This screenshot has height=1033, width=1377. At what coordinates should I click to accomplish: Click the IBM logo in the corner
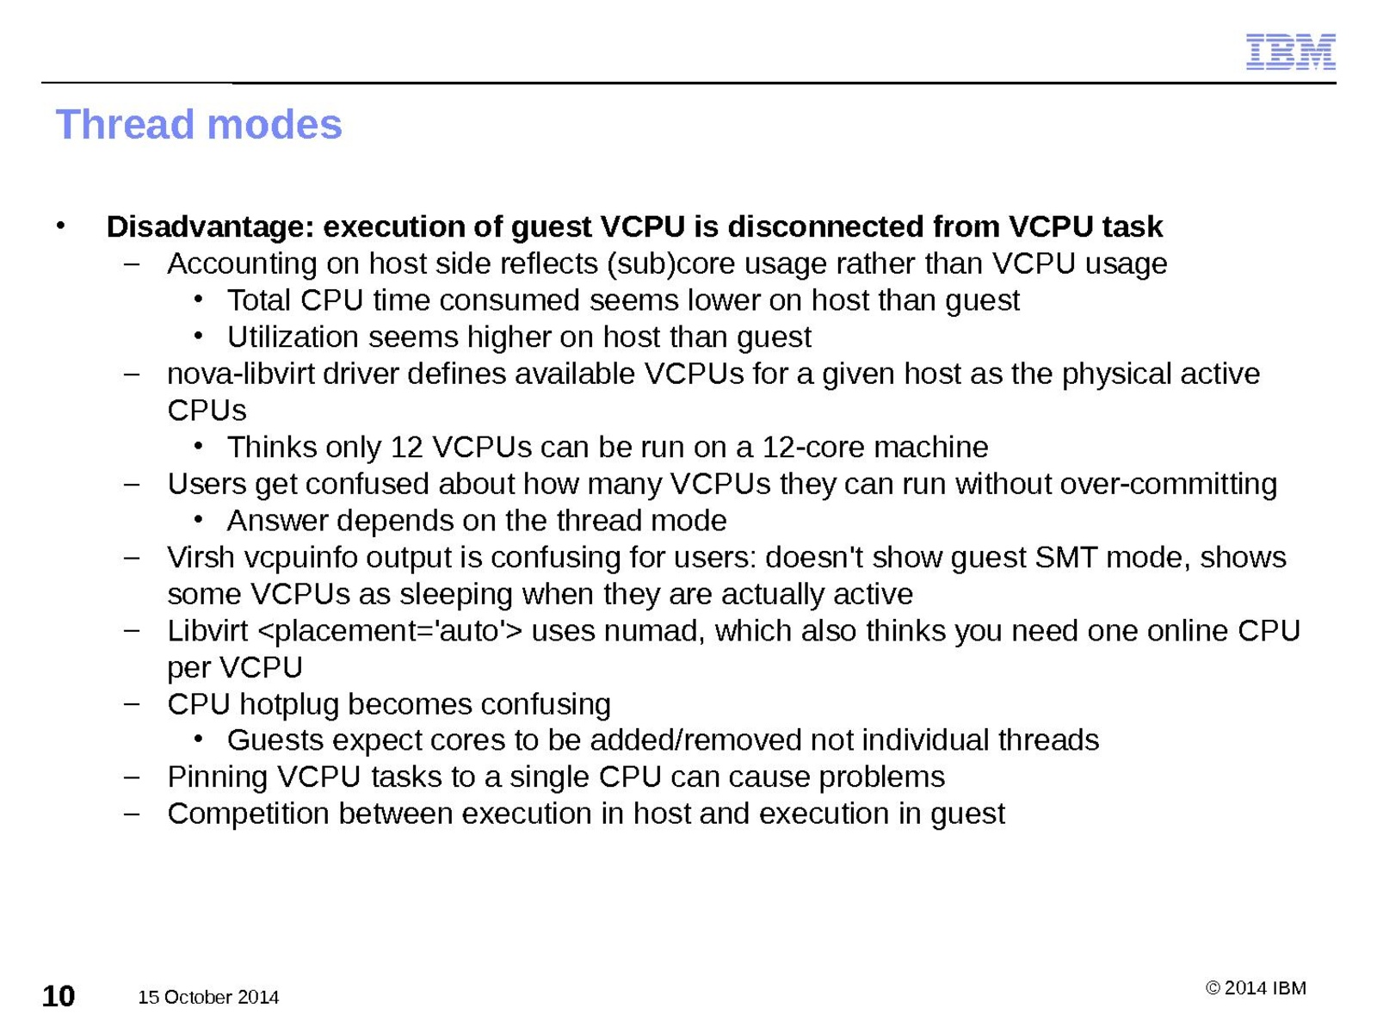click(1290, 52)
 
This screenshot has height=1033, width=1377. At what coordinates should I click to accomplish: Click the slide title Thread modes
click(199, 124)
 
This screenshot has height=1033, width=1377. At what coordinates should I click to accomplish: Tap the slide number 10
click(59, 997)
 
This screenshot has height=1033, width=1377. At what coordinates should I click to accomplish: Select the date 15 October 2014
click(208, 997)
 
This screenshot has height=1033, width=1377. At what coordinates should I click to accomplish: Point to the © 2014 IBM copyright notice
click(1256, 988)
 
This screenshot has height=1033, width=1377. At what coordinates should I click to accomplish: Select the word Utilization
click(293, 337)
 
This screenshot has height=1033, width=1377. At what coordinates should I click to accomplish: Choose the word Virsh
click(201, 557)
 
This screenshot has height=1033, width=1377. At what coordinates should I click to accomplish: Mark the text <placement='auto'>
click(390, 631)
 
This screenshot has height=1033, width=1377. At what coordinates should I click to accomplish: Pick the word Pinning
click(218, 777)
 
